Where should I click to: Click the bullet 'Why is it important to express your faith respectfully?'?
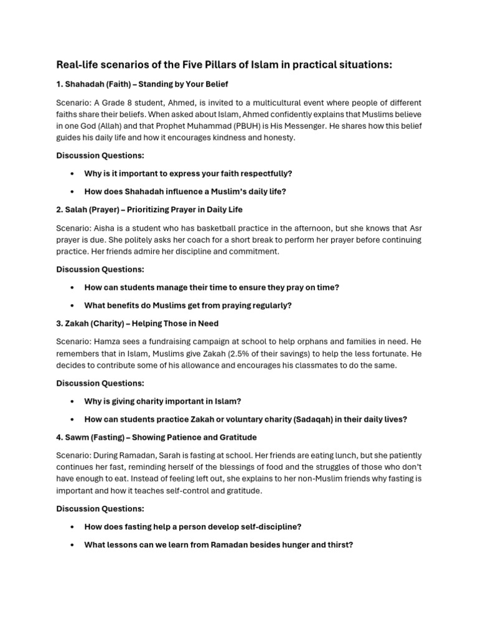click(188, 174)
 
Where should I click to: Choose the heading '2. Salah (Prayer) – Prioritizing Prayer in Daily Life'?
click(149, 210)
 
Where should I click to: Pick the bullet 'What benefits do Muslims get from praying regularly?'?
click(188, 305)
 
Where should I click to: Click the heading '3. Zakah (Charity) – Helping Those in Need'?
click(138, 323)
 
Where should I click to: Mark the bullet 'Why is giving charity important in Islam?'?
click(162, 401)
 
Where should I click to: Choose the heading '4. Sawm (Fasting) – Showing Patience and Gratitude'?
click(156, 437)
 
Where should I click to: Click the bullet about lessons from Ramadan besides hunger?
click(218, 545)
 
